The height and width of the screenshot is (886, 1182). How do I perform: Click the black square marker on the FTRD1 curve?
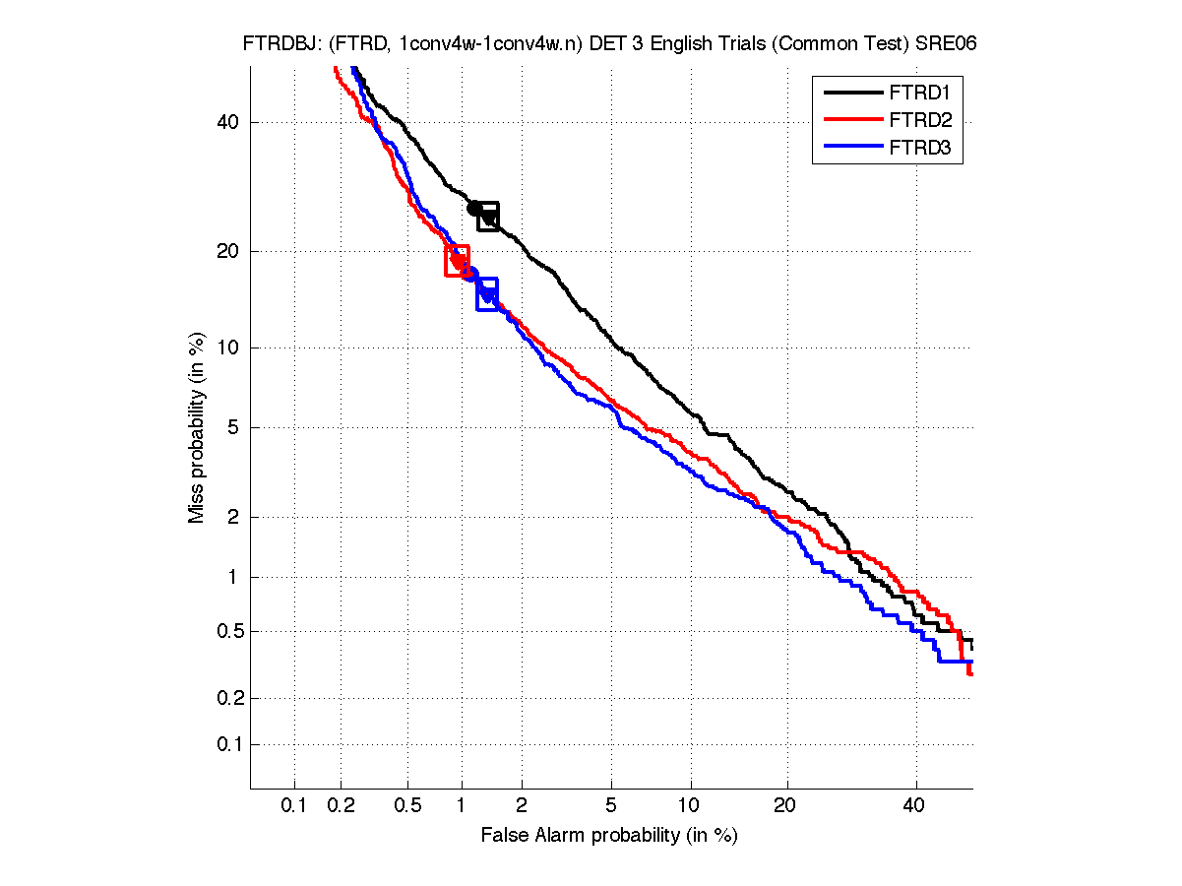click(488, 217)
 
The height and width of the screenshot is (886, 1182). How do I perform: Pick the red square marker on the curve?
click(458, 261)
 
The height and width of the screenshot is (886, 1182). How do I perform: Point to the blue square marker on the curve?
click(487, 294)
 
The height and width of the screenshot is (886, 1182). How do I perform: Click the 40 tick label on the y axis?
click(228, 122)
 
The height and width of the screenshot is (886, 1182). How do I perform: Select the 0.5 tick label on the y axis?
click(223, 631)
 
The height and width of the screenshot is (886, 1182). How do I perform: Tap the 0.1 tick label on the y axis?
click(223, 744)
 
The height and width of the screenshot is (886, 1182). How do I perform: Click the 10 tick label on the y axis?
click(228, 348)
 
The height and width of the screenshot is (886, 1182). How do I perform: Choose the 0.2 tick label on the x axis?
click(342, 806)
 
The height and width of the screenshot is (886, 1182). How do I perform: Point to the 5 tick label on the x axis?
click(612, 806)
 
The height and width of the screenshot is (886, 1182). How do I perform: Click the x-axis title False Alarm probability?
click(609, 836)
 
